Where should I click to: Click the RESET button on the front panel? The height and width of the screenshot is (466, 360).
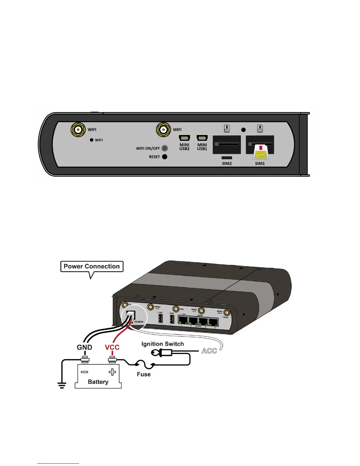tap(165, 157)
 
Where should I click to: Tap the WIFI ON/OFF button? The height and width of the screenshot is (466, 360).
tap(165, 148)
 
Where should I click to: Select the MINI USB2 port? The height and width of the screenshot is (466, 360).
tap(184, 138)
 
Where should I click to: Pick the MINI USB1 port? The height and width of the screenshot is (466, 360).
tap(202, 138)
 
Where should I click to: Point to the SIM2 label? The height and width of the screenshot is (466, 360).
tap(227, 164)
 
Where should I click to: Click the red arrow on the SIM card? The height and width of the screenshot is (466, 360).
tap(261, 148)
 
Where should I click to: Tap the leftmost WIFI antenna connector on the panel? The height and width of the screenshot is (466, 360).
tap(78, 129)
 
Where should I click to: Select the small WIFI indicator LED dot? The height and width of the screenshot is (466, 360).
tap(91, 140)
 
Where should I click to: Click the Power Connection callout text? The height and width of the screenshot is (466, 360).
tap(92, 267)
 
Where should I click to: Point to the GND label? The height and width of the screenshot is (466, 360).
tap(84, 347)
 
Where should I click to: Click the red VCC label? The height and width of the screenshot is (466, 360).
tap(112, 347)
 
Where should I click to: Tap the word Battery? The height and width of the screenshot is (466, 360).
tap(98, 382)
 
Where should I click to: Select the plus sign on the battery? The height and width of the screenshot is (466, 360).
tap(112, 372)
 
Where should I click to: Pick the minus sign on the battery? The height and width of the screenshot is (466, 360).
tap(84, 372)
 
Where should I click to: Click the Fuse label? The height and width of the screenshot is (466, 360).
tap(144, 374)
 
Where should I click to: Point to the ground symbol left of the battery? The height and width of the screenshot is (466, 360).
tap(62, 385)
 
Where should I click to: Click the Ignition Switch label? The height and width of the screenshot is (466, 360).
tap(162, 344)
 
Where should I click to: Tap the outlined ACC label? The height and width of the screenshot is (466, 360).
tap(209, 351)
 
